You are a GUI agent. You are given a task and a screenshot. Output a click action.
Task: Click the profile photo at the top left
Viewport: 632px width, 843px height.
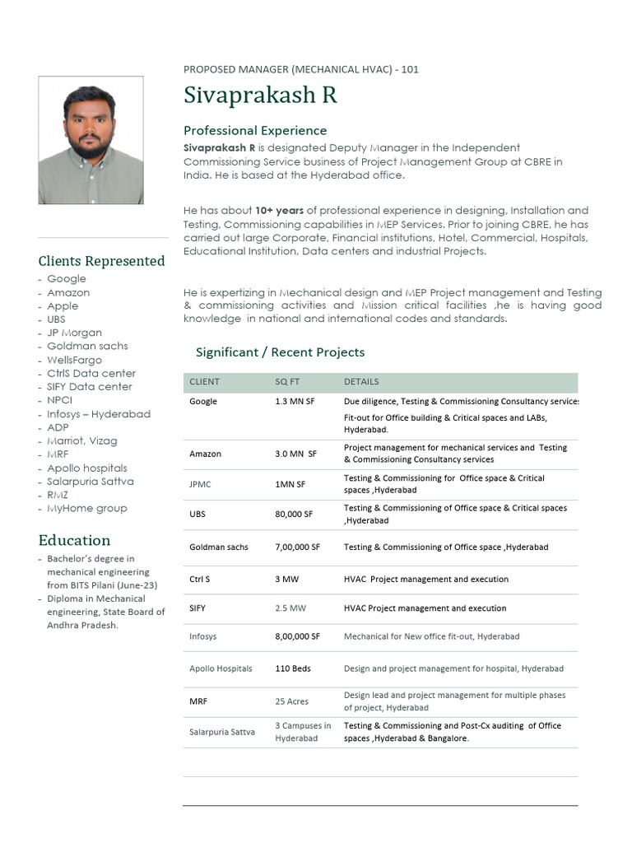(91, 141)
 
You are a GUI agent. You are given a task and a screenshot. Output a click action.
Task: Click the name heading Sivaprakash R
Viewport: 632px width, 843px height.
(260, 95)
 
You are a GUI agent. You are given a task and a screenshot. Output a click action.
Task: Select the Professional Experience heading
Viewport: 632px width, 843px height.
(254, 130)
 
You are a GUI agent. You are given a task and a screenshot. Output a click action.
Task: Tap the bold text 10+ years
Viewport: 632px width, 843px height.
(279, 211)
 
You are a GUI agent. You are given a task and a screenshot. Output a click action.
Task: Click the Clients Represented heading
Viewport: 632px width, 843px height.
(101, 261)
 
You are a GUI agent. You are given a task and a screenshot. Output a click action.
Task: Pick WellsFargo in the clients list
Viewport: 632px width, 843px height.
(74, 360)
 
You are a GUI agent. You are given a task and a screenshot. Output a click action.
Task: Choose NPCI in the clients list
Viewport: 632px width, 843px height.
(59, 400)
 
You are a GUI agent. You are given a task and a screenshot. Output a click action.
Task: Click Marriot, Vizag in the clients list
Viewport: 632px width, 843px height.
(81, 440)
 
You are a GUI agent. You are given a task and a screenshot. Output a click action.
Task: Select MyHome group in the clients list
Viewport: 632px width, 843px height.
(86, 508)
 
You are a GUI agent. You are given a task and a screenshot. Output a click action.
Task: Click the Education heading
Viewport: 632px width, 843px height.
(74, 540)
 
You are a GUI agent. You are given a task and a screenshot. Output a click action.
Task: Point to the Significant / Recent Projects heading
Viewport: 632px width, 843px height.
(280, 352)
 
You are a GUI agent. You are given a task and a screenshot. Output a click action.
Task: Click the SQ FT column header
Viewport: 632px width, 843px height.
(288, 382)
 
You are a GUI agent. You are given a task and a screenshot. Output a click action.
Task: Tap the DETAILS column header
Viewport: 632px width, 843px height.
(361, 382)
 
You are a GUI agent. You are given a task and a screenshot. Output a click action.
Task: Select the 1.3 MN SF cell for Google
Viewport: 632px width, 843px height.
(295, 402)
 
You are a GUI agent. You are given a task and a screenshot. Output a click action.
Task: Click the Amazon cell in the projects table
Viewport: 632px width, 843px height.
(205, 454)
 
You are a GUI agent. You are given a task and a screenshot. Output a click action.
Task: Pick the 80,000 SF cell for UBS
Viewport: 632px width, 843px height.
(294, 515)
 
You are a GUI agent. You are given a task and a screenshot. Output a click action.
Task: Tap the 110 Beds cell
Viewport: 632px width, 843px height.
(293, 668)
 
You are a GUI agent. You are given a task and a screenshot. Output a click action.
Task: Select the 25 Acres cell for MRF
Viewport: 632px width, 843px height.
(291, 701)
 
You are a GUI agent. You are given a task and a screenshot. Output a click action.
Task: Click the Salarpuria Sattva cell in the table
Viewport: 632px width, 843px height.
(221, 732)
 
